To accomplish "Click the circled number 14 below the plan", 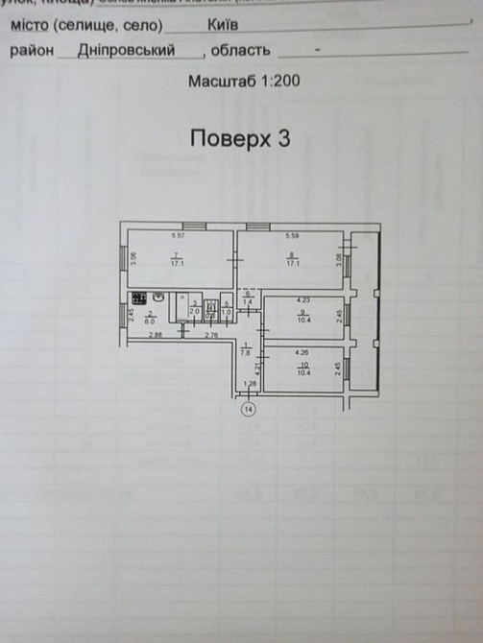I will coord(249,410).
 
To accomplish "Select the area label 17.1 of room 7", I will coord(176,261).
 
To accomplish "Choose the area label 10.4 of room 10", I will coord(303,370).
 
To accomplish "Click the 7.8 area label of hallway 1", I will coord(246,351).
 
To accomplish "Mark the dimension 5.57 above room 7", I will coord(177,235).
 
